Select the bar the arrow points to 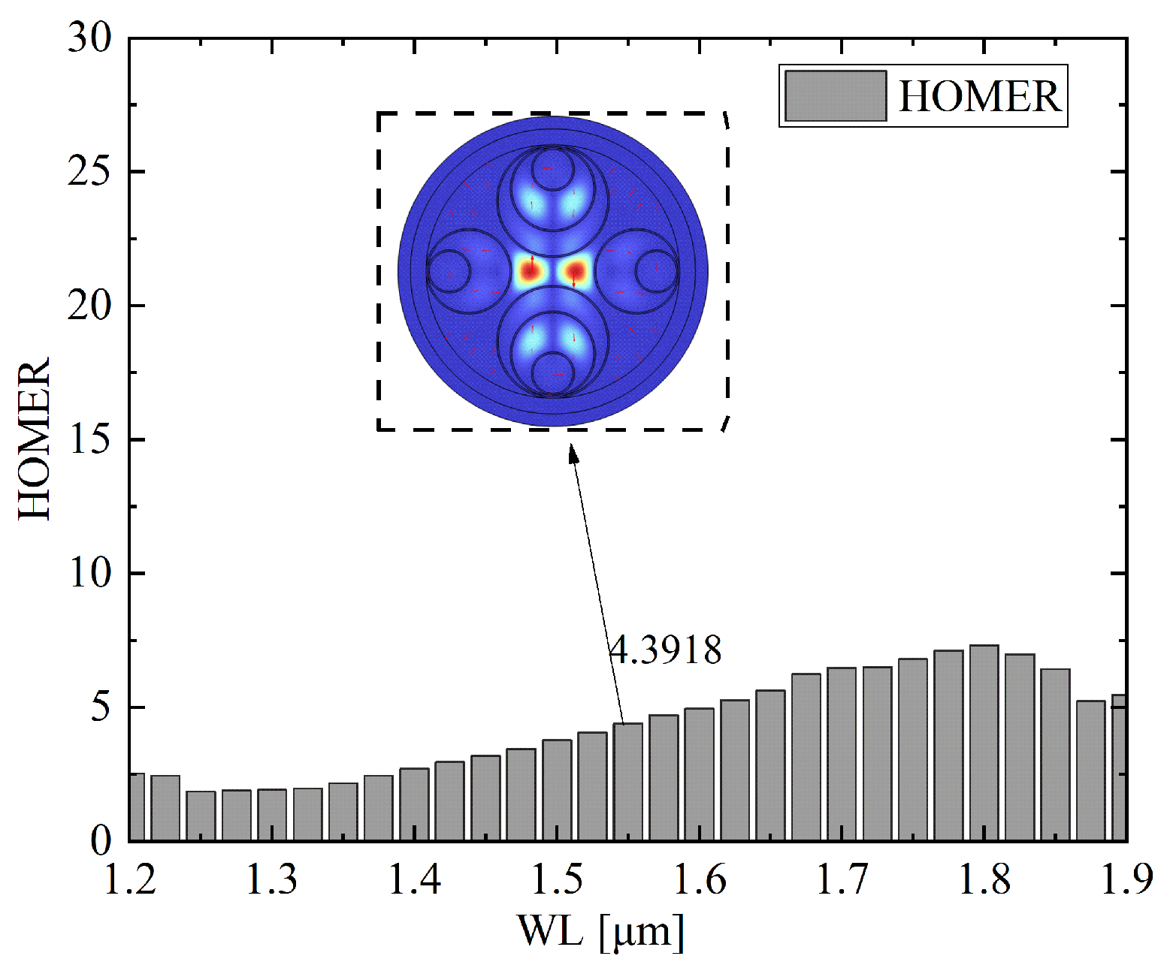pos(627,781)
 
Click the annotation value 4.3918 pos(665,650)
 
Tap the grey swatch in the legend pos(835,96)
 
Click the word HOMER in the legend pos(979,96)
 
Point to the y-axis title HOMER pos(35,439)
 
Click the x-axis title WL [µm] pos(600,932)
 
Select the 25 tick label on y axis pos(89,172)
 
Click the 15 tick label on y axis pos(89,440)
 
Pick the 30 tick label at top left pos(89,38)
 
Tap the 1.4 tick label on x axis pos(414,879)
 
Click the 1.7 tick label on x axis pos(842,879)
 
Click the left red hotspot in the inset pos(530,271)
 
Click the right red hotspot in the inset pos(576,271)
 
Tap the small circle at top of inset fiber pos(552,168)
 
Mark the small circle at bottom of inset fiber pos(552,374)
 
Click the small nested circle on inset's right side pos(657,271)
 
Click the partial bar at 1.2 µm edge pos(137,807)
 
